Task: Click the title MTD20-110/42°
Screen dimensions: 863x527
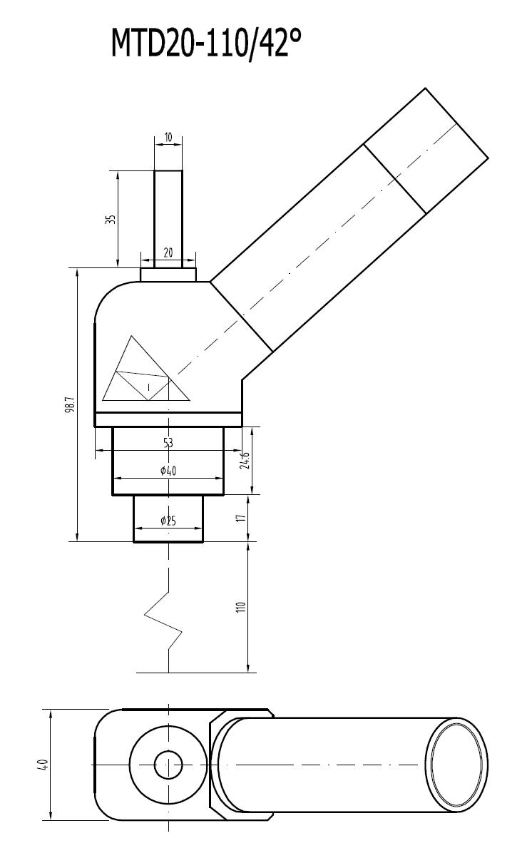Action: (x=206, y=44)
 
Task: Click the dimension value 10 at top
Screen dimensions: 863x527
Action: (x=168, y=136)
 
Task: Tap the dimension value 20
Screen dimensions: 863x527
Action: (x=168, y=252)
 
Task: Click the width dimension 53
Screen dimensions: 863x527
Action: (x=168, y=443)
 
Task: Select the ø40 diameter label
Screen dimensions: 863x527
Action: (x=168, y=470)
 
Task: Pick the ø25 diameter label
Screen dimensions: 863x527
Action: (x=168, y=521)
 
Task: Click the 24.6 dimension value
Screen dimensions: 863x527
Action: (x=245, y=460)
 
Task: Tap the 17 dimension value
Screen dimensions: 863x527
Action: (x=241, y=518)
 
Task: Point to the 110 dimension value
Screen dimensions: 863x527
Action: (x=241, y=608)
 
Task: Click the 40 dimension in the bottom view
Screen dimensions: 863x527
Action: (x=44, y=765)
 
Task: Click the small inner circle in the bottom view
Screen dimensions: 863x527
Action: (x=168, y=765)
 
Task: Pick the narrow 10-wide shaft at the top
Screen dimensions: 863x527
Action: (x=168, y=214)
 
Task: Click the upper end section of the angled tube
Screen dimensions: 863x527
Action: (x=426, y=150)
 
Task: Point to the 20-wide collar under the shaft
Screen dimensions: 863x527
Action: (x=168, y=275)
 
